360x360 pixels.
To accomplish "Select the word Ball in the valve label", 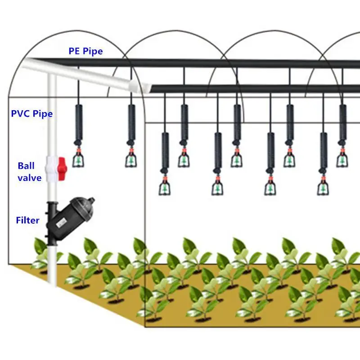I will pos(26,166).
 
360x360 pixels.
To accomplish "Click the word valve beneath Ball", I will pos(29,178).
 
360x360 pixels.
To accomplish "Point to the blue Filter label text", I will pos(27,220).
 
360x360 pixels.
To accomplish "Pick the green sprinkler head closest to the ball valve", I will pos(79,159).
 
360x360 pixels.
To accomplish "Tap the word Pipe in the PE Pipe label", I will pos(92,51).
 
